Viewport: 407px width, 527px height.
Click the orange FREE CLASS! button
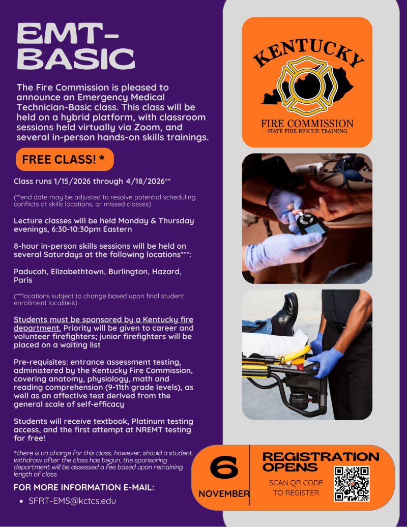[x=65, y=159]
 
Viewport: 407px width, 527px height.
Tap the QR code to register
[x=352, y=484]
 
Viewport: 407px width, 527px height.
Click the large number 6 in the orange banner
[x=224, y=467]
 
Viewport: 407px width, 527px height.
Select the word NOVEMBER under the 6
[x=224, y=494]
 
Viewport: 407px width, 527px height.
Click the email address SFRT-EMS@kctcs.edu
[x=72, y=501]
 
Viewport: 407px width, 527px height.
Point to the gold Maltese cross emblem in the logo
[x=307, y=86]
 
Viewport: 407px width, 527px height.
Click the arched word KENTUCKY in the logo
[x=308, y=52]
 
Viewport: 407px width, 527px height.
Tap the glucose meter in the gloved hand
[x=312, y=224]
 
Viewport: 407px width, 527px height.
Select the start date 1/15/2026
[x=72, y=181]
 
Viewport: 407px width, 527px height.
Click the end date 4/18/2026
[x=146, y=181]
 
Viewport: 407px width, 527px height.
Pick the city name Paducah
[x=31, y=272]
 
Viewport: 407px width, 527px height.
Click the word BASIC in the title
[x=76, y=59]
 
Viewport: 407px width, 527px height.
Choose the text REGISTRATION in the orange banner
[x=321, y=457]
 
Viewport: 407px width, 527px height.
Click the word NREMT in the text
[x=148, y=430]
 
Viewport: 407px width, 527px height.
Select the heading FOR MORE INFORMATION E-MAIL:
[x=84, y=487]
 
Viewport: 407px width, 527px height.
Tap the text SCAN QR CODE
[x=296, y=483]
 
